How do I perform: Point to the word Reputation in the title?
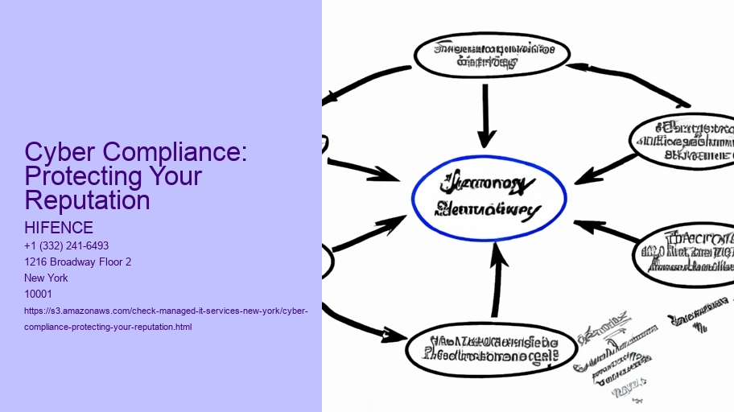87,200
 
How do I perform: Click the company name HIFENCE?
59,228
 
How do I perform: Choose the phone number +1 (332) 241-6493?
67,245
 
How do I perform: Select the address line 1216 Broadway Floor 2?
78,262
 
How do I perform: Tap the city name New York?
47,278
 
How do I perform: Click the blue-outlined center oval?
489,197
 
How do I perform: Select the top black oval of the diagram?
491,55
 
